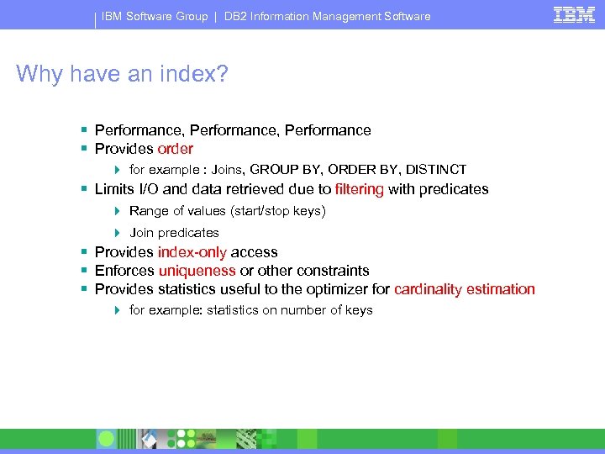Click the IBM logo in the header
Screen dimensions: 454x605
pos(575,14)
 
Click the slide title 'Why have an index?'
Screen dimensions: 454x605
pos(122,74)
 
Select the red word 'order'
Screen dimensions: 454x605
pos(175,149)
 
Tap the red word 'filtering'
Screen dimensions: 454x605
pos(359,189)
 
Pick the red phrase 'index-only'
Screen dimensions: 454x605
pos(192,252)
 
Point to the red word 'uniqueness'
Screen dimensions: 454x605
pos(197,271)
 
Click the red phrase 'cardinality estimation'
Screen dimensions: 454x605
pos(464,289)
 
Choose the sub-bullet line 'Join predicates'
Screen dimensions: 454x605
pos(174,233)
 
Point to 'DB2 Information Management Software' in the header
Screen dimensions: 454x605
pos(327,16)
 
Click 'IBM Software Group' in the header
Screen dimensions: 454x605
pos(155,16)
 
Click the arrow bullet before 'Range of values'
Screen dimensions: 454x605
pos(118,211)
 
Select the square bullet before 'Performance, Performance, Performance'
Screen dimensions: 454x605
pos(84,130)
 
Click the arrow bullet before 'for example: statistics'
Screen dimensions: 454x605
pos(118,310)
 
